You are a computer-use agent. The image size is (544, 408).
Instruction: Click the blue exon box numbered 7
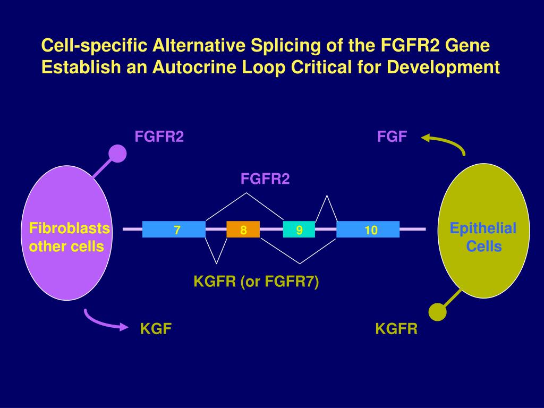coord(174,229)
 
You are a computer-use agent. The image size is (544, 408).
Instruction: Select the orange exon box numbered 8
coord(243,229)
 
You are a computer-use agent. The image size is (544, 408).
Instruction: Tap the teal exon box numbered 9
coord(299,229)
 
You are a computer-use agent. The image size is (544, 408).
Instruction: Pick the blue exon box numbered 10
coord(368,229)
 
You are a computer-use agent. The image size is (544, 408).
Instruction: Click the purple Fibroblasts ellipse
coord(66,266)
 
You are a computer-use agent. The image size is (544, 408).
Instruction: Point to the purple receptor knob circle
coord(117,154)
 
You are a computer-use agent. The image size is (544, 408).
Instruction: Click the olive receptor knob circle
coord(437,312)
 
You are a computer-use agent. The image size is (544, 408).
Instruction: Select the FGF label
coord(392,137)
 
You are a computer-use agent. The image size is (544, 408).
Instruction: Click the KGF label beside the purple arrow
coord(156,329)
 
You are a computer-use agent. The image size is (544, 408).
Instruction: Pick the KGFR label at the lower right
coord(396,329)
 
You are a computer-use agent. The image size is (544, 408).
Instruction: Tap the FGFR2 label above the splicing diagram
coord(265,179)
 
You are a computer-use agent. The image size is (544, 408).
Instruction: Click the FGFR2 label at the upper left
coord(159,137)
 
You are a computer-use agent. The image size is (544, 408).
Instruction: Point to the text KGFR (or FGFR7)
coord(256,282)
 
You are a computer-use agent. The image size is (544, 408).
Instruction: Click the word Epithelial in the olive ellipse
coord(483,229)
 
